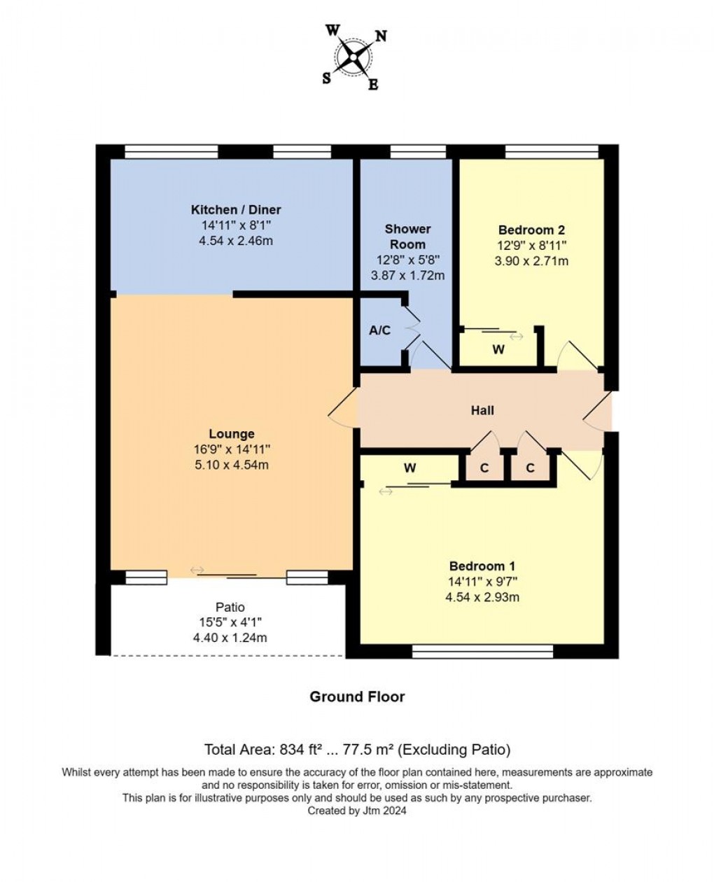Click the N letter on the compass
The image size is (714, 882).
click(381, 36)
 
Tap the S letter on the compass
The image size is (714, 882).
click(327, 78)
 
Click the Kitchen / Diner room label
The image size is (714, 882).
click(236, 209)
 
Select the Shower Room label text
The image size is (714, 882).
click(407, 237)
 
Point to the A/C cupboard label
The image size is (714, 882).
click(380, 330)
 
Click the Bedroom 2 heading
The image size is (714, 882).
click(531, 230)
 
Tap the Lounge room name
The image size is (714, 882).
click(232, 433)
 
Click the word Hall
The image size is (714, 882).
click(482, 410)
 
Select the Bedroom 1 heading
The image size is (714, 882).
click(482, 566)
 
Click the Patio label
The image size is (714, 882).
click(230, 607)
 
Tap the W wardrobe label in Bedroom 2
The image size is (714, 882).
click(498, 349)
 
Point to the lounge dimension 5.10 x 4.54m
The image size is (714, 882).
click(232, 465)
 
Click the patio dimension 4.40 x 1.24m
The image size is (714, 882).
click(230, 638)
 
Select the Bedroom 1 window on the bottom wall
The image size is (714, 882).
click(482, 652)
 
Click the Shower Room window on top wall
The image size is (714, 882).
click(418, 152)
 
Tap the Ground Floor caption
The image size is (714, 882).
click(357, 696)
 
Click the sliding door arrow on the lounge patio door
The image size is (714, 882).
click(197, 570)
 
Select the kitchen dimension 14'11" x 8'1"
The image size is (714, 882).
click(236, 225)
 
